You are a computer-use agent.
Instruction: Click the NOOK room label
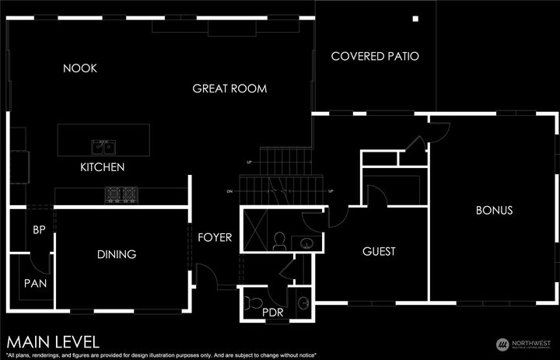point(80,68)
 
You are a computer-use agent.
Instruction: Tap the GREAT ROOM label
point(229,89)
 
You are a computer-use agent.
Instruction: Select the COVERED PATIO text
point(375,56)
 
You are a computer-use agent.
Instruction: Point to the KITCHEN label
point(103,167)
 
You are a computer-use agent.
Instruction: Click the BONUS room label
point(494,210)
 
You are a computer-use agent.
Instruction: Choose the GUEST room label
point(379,251)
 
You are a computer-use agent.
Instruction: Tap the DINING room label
point(117,254)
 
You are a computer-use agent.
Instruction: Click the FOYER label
point(215,237)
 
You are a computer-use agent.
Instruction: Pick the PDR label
point(273,313)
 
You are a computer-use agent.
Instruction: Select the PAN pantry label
point(35,283)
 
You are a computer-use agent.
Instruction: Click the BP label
point(38,230)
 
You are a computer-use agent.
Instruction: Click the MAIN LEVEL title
point(53,341)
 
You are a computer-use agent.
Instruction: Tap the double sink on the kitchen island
point(103,147)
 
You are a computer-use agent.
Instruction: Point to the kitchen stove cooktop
point(121,195)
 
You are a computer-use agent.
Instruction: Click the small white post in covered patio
point(415,19)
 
